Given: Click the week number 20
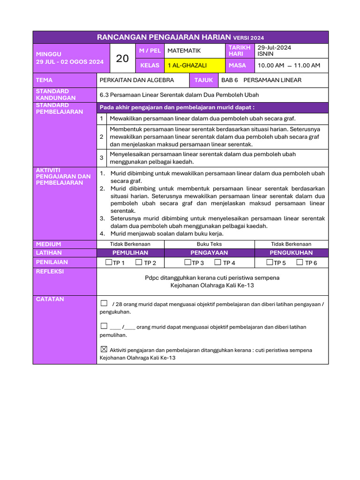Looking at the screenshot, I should [x=122, y=58].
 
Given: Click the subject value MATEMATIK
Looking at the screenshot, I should [x=184, y=51].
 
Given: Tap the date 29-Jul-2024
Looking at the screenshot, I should [x=274, y=48].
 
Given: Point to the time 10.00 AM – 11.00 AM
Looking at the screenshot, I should [x=289, y=66].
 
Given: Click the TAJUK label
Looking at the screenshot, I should [x=203, y=80].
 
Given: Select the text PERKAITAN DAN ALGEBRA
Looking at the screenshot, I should [x=137, y=80].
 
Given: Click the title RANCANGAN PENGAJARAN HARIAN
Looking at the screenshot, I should [x=164, y=37].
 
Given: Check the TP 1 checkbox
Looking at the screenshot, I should [x=109, y=262].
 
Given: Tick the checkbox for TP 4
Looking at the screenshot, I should [x=217, y=262].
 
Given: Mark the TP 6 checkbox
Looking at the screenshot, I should [x=300, y=262].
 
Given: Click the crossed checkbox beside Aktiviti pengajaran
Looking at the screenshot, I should [x=104, y=349].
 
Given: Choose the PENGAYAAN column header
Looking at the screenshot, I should [x=209, y=253].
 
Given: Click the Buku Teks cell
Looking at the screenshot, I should [x=209, y=244].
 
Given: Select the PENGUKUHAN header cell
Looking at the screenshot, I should [x=291, y=253].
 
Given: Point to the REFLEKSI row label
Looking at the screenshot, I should [x=50, y=271].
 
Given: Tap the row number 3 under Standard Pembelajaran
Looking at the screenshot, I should [x=102, y=158].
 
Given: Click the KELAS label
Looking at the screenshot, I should [x=150, y=66].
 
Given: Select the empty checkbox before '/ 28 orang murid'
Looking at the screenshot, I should [x=104, y=303].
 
